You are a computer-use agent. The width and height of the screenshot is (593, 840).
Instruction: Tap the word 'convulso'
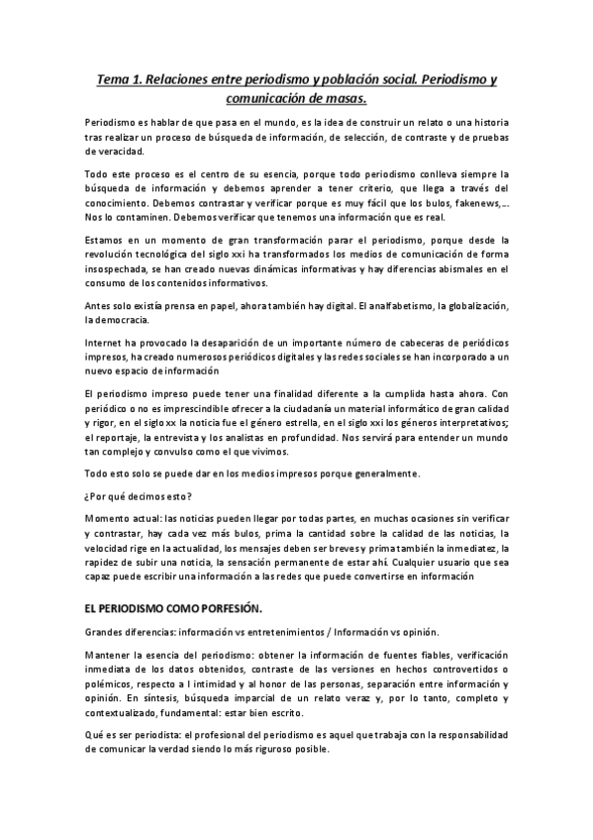(x=184, y=457)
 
